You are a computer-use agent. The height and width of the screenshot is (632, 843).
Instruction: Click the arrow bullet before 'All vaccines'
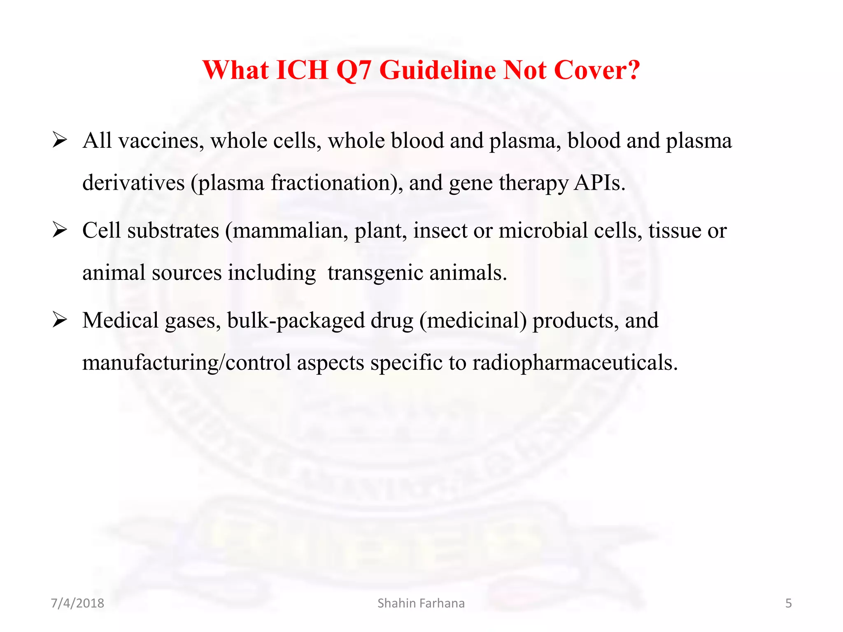tap(60, 141)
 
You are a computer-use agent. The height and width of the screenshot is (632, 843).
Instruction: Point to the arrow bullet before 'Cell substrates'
tap(60, 230)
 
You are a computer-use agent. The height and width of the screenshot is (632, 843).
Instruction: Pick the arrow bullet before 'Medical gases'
tap(60, 320)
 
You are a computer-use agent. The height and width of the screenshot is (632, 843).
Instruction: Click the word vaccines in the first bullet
tap(161, 141)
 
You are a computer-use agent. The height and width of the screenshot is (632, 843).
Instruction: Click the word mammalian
tap(291, 230)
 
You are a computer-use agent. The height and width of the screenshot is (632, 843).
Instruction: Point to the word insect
tap(440, 230)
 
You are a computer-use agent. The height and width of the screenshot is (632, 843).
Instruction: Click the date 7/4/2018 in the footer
tap(77, 603)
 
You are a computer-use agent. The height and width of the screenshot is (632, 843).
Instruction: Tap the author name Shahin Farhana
tap(421, 603)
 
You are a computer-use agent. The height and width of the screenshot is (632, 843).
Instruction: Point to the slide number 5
tap(788, 603)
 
